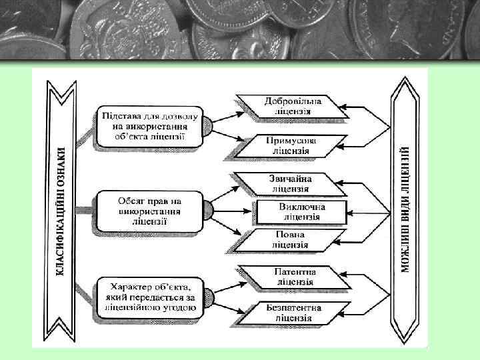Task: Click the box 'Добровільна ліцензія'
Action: (293, 106)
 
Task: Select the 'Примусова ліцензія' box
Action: (291, 146)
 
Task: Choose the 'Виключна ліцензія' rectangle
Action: (301, 212)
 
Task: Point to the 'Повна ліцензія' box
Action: (289, 239)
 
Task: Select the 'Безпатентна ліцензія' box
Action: (293, 313)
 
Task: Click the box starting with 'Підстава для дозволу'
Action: (149, 126)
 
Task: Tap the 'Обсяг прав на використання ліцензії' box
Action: (149, 211)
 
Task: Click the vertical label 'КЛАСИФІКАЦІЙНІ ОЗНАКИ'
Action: (61, 211)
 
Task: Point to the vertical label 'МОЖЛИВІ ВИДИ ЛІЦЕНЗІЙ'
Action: (405, 211)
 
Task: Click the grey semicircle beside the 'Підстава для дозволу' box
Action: (207, 125)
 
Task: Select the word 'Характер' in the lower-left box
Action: (127, 287)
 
